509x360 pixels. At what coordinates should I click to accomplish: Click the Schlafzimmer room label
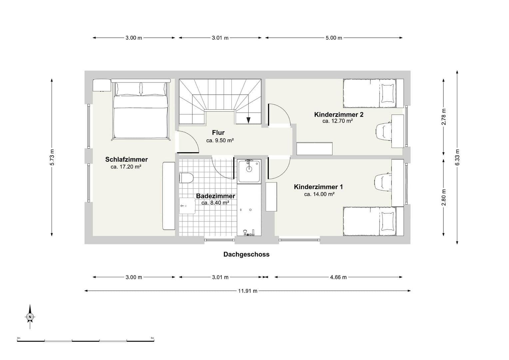pyautogui.click(x=126, y=159)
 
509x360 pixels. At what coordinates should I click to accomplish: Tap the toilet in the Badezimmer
pyautogui.click(x=186, y=178)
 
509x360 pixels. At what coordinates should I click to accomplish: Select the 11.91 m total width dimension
pyautogui.click(x=248, y=291)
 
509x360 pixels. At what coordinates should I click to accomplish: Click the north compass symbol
pyautogui.click(x=30, y=317)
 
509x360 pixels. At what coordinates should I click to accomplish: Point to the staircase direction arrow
pyautogui.click(x=249, y=120)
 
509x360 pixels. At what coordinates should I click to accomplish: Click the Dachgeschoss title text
pyautogui.click(x=246, y=254)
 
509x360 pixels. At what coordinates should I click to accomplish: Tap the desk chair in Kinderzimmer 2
pyautogui.click(x=383, y=131)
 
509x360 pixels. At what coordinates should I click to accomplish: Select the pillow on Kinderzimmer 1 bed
pyautogui.click(x=387, y=221)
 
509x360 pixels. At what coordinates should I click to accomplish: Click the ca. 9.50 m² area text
pyautogui.click(x=220, y=141)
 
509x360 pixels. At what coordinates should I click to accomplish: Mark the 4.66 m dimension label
pyautogui.click(x=338, y=277)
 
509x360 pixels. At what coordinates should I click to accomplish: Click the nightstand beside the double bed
pyautogui.click(x=102, y=85)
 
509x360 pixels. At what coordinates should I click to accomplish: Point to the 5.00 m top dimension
pyautogui.click(x=334, y=38)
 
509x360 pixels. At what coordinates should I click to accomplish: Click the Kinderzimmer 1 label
pyautogui.click(x=318, y=187)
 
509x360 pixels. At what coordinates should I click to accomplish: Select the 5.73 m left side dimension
pyautogui.click(x=52, y=157)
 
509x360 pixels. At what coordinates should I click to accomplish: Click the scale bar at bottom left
pyautogui.click(x=86, y=341)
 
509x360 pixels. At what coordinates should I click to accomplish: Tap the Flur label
pyautogui.click(x=218, y=133)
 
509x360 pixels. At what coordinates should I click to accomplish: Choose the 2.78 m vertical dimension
pyautogui.click(x=443, y=117)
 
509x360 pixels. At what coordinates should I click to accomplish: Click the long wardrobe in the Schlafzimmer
pyautogui.click(x=169, y=196)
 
